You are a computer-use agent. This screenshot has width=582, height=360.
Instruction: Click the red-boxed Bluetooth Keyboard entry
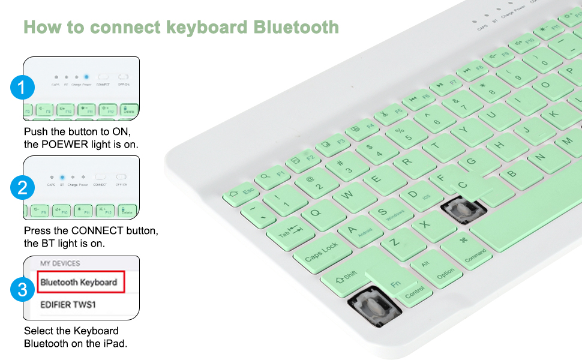click(x=80, y=281)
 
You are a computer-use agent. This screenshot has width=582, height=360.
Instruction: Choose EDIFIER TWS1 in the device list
click(x=68, y=304)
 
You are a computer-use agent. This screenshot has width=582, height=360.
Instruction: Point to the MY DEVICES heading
click(x=60, y=263)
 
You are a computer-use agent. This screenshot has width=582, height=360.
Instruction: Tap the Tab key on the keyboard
click(x=289, y=233)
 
